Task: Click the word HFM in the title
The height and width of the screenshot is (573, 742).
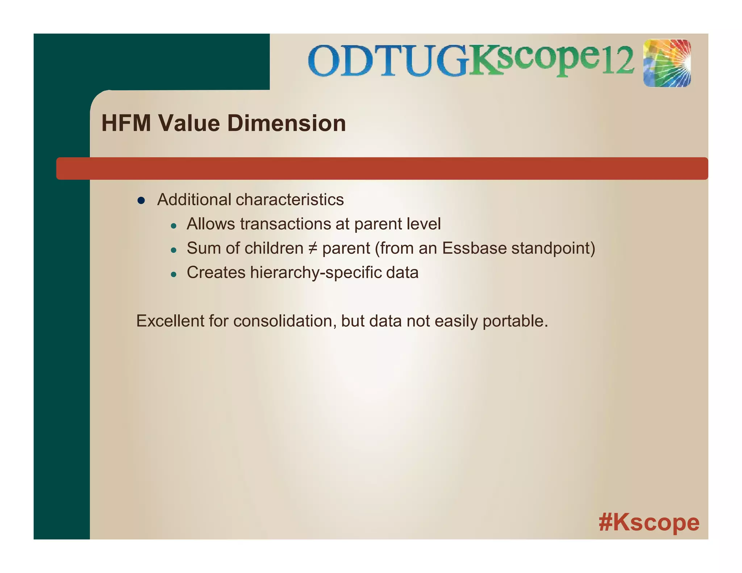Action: point(126,123)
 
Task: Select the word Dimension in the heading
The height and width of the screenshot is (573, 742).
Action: point(286,123)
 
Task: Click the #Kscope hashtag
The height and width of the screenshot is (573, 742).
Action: point(649,522)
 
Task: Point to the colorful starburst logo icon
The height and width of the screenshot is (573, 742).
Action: point(667,63)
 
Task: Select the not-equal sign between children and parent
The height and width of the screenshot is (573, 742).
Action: point(312,248)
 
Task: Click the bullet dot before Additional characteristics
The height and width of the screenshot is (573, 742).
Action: point(141,201)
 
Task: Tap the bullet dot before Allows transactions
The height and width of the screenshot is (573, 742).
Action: point(174,226)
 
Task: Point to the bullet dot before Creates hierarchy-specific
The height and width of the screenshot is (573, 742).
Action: point(174,275)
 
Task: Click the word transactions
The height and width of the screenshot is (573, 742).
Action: point(285,224)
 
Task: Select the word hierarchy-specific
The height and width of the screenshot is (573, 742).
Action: point(315,273)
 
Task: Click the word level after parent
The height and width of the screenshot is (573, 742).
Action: point(424,224)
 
